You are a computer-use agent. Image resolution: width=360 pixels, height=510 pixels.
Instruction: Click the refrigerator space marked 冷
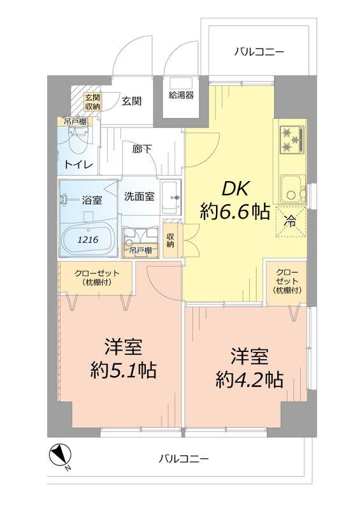[x=290, y=223]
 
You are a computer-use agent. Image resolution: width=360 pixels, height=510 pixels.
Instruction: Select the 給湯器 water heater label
[x=181, y=96]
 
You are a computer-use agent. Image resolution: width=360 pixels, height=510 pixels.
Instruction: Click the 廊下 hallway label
[x=142, y=150]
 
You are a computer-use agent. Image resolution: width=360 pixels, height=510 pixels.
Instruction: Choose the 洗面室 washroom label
[x=139, y=196]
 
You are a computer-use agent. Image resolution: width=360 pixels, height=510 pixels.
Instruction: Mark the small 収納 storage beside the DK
[x=170, y=240]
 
